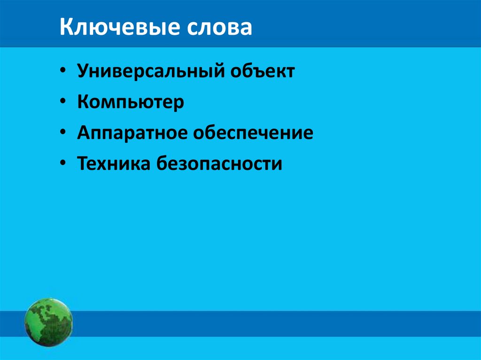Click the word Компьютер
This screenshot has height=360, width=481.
pyautogui.click(x=131, y=103)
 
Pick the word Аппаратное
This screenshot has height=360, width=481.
pyautogui.click(x=132, y=134)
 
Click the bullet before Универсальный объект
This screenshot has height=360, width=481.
pyautogui.click(x=63, y=72)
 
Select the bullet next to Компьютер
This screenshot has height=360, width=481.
pyautogui.click(x=63, y=103)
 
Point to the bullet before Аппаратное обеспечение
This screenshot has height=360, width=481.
pyautogui.click(x=63, y=134)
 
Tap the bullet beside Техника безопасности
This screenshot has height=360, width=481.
pyautogui.click(x=63, y=164)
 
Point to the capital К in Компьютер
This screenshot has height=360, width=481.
pyautogui.click(x=83, y=102)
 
